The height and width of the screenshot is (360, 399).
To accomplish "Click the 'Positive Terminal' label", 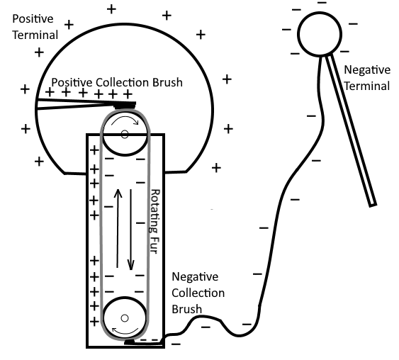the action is [x=35, y=27].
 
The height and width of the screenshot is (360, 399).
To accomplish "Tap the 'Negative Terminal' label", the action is [x=367, y=78].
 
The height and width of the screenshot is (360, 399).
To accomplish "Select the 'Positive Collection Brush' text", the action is [x=117, y=83].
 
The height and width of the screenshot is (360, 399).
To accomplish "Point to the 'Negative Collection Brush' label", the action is [x=198, y=293].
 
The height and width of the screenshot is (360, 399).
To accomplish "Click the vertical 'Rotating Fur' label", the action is [x=154, y=221].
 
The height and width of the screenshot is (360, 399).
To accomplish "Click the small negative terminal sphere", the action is [x=320, y=34].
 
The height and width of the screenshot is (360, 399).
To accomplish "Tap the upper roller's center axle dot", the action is [x=125, y=134].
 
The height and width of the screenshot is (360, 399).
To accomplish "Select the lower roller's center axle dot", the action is [x=125, y=318].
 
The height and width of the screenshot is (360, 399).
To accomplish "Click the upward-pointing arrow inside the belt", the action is [x=118, y=228].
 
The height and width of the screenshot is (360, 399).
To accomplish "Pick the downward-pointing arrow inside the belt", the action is [x=131, y=230].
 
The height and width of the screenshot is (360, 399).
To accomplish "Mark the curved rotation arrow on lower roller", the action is [x=125, y=332].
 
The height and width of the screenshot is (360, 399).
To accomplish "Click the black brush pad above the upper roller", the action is [x=125, y=105].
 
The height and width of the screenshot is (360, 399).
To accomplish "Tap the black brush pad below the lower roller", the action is [x=129, y=342].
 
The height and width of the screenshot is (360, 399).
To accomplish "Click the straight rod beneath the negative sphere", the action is [x=351, y=130].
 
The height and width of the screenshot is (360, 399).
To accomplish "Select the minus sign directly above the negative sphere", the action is [x=322, y=3].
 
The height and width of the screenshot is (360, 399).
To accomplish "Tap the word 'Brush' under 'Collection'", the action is [x=187, y=309].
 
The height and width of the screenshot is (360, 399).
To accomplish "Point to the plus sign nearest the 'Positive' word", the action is [x=69, y=25].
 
